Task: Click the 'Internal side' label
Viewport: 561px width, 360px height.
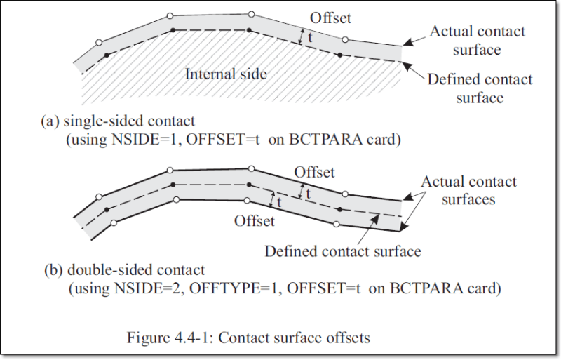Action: tap(225, 73)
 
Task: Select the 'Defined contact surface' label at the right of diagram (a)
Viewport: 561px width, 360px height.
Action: tap(480, 88)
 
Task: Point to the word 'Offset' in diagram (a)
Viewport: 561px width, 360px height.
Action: tap(331, 17)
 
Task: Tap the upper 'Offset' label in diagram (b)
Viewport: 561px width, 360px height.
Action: tap(314, 172)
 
